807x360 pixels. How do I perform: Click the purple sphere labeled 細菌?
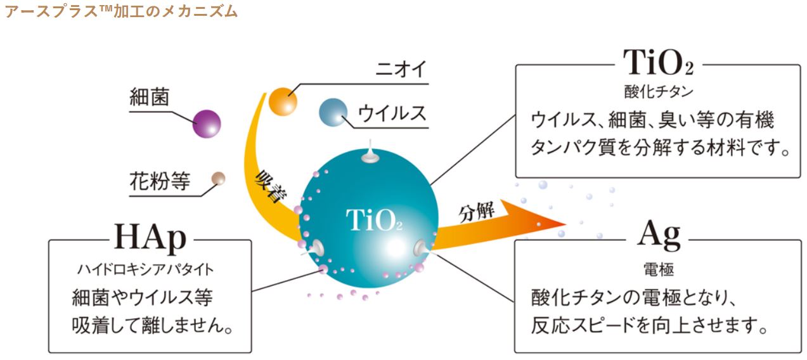tap(207, 123)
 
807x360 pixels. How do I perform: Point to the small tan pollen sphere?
tap(218, 179)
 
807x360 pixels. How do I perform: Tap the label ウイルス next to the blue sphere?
tap(392, 113)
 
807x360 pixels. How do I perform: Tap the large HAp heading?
tap(150, 239)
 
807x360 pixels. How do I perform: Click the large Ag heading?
tap(658, 238)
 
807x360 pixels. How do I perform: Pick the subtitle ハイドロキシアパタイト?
tap(150, 269)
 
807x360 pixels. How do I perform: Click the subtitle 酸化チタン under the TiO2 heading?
tap(657, 91)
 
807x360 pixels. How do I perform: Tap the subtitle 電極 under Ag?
tap(658, 269)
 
